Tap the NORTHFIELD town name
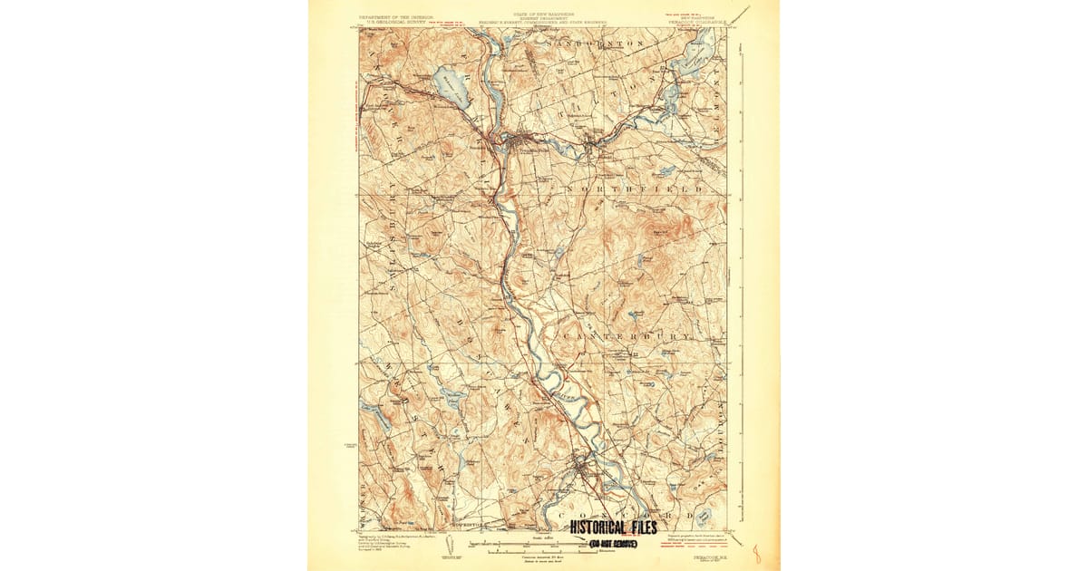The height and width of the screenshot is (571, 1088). tap(635, 189)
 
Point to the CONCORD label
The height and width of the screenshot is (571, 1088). tap(635, 515)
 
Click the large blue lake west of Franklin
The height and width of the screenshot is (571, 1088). tap(451, 86)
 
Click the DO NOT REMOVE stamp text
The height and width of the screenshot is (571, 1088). tap(613, 543)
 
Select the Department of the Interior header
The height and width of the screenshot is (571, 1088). tap(397, 19)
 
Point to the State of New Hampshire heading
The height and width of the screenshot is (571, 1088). tap(544, 15)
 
